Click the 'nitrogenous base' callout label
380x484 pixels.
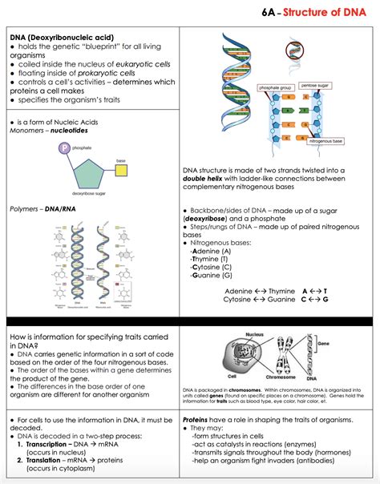coord(326,140)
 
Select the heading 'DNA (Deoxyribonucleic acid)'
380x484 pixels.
coord(62,38)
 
